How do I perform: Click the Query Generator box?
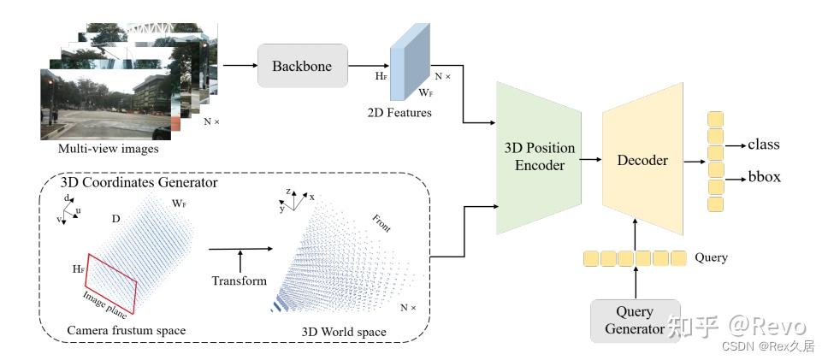[635, 321]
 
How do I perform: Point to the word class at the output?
[764, 145]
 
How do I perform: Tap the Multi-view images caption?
[108, 149]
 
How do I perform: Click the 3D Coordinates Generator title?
[139, 183]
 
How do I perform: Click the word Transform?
[240, 280]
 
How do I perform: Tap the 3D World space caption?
[343, 331]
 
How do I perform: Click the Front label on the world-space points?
[381, 224]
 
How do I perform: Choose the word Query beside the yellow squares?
[712, 257]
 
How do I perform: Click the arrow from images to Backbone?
[239, 66]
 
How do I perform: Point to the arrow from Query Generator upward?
[635, 282]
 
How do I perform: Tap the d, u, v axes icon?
[71, 209]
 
